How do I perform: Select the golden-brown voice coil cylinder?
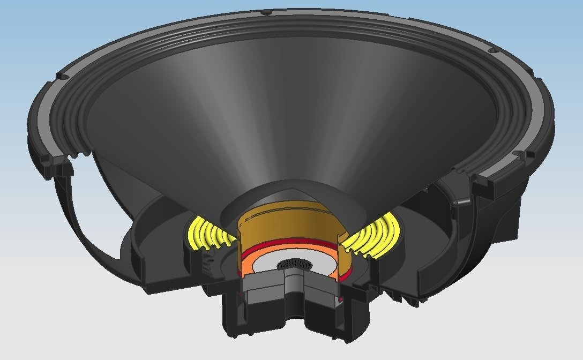pyautogui.click(x=289, y=220)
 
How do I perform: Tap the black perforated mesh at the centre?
pyautogui.click(x=292, y=264)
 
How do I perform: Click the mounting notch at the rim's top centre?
pyautogui.click(x=266, y=11)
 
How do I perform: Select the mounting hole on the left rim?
pyautogui.click(x=64, y=77)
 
